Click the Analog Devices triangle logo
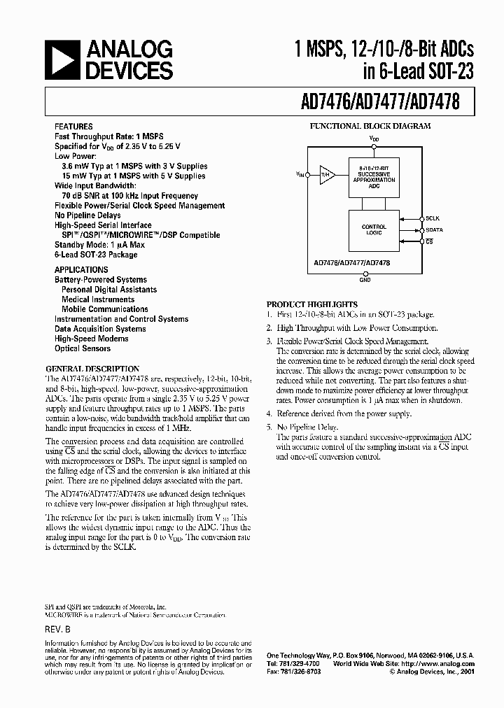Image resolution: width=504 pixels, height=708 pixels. pos(62,59)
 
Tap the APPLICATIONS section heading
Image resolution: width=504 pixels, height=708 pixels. pos(81,270)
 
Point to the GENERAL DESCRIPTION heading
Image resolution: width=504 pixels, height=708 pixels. pos(92,369)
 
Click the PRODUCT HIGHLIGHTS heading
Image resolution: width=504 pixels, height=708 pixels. pos(312,304)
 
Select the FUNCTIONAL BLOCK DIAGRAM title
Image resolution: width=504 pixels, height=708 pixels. pos(370,127)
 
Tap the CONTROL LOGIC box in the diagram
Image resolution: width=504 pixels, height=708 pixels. pos(374,229)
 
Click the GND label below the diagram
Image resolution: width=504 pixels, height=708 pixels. pos(365,280)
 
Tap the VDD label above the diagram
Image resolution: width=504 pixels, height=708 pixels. pos(374,139)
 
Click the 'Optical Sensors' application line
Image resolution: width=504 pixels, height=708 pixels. pos(83,348)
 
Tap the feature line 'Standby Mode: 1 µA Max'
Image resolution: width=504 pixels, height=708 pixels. pos(99,245)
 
